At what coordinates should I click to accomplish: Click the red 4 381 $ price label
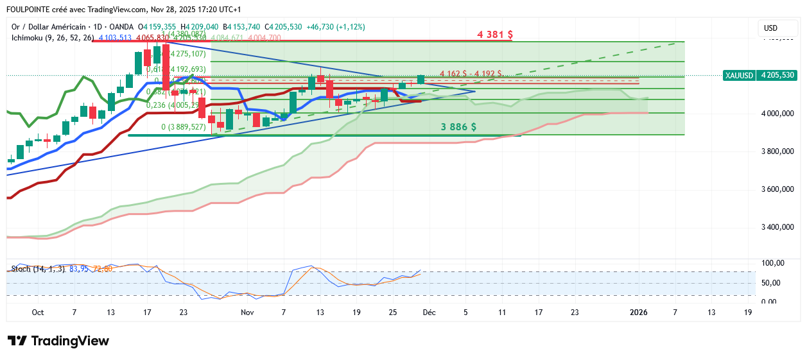(x=495, y=34)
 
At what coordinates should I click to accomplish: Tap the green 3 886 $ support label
(x=458, y=127)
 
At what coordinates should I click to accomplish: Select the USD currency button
(x=770, y=28)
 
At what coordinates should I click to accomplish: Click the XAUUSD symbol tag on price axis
(x=738, y=75)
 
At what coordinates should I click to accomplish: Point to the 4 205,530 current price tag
(x=777, y=75)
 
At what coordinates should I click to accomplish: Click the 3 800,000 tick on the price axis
(x=778, y=151)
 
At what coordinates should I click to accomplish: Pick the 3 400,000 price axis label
(x=778, y=227)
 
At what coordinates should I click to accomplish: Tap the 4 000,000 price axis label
(x=778, y=114)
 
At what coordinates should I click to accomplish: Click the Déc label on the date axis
(x=429, y=313)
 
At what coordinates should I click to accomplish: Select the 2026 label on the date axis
(x=638, y=313)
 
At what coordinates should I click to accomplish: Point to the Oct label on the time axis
(x=38, y=313)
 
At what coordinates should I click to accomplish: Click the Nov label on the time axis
(x=247, y=313)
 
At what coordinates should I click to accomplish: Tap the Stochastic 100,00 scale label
(x=772, y=263)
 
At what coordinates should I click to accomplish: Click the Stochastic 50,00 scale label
(x=772, y=282)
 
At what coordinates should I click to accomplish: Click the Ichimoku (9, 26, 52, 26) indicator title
(x=53, y=38)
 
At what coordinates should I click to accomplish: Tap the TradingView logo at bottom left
(x=58, y=341)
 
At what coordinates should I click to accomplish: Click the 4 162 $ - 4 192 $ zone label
(x=471, y=74)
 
